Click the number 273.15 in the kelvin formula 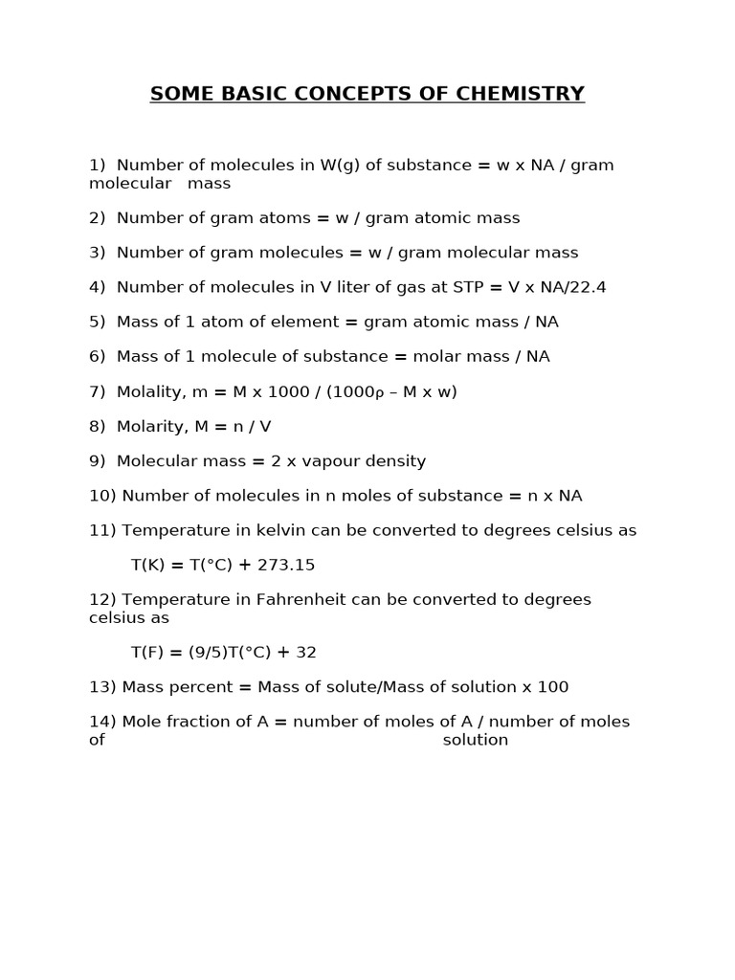[x=287, y=565]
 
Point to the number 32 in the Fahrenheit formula [x=306, y=653]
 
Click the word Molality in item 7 [x=151, y=391]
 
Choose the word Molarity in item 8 [x=151, y=426]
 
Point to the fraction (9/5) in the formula [x=208, y=653]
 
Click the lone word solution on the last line [x=476, y=740]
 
